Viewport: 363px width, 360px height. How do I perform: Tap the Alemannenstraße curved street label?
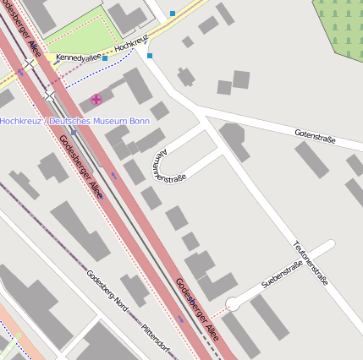coord(165,166)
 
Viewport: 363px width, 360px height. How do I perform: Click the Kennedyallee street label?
coord(78,57)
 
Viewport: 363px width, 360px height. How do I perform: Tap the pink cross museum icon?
coord(96,100)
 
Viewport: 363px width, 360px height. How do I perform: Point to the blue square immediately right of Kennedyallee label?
coord(105,58)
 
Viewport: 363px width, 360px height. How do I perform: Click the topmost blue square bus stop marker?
coord(173,14)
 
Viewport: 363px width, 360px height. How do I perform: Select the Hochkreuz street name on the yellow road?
coord(131,45)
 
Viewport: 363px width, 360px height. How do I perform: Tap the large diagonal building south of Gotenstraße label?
coord(311,159)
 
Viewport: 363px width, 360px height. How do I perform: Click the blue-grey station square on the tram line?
coord(74,133)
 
